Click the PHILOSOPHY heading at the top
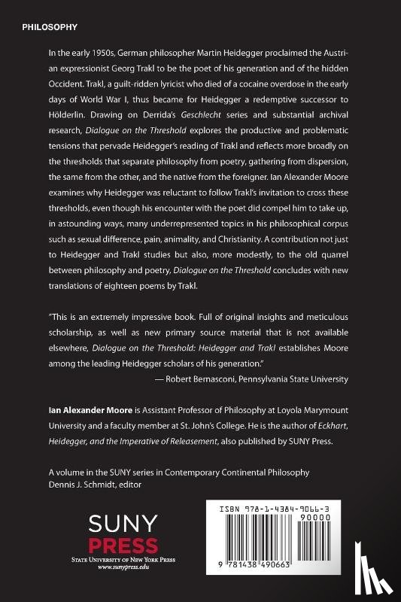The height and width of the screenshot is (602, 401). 50,27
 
